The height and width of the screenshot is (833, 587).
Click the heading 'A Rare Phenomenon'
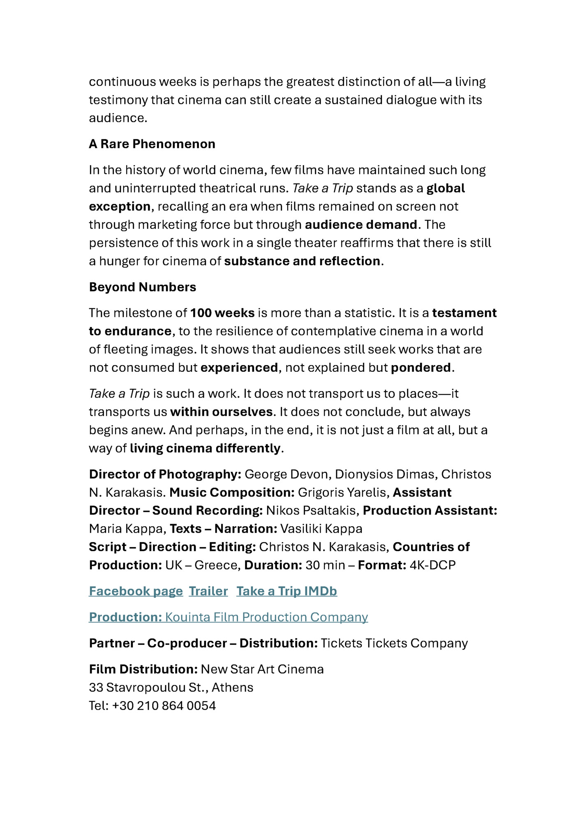click(x=152, y=144)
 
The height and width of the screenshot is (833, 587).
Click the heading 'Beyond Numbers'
click(x=142, y=287)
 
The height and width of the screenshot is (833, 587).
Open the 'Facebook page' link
click(x=136, y=591)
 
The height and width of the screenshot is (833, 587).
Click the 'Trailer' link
click(x=208, y=591)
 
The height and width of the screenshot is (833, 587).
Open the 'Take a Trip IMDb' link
click(x=287, y=591)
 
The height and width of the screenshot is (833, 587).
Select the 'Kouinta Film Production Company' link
click(x=266, y=617)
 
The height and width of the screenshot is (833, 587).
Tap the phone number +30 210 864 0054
click(x=164, y=706)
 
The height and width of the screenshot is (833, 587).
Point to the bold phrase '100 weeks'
click(x=222, y=313)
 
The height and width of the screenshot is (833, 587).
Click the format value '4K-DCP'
click(x=432, y=565)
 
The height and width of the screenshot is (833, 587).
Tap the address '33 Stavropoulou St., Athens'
click(x=171, y=687)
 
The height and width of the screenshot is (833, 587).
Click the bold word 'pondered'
click(x=421, y=368)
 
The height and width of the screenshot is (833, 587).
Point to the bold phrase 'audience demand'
click(x=361, y=225)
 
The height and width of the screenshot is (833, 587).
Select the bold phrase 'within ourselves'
click(x=222, y=412)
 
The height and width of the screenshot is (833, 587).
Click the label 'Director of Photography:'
click(x=165, y=474)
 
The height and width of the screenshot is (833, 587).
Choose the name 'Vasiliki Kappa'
click(x=321, y=529)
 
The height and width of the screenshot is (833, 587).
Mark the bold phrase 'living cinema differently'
click(x=205, y=448)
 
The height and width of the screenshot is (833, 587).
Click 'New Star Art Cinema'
click(x=262, y=669)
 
